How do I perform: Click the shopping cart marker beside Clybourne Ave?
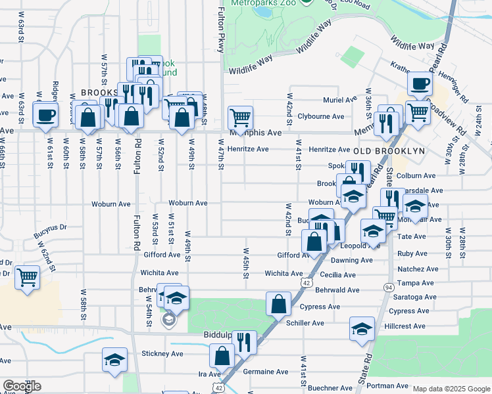(240, 118)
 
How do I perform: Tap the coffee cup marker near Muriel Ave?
(420, 83)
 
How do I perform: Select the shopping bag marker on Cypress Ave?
(278, 303)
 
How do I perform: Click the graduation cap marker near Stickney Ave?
(114, 361)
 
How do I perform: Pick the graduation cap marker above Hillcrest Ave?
(362, 328)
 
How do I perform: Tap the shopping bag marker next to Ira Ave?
(222, 356)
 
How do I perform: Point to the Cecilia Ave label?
(339, 275)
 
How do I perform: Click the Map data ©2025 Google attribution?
(451, 389)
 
